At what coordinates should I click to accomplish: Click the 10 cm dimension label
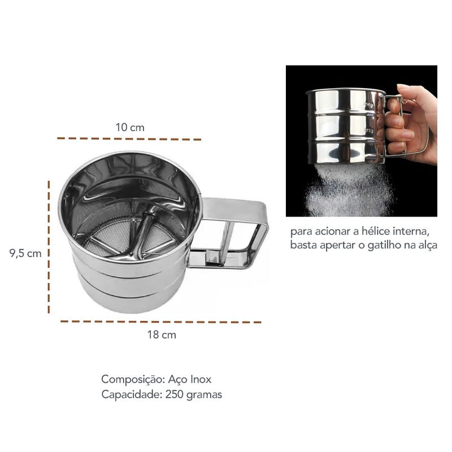click(x=130, y=128)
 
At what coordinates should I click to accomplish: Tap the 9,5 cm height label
click(x=25, y=253)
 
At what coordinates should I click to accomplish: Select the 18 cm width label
click(x=162, y=334)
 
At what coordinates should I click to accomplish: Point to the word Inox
click(x=201, y=379)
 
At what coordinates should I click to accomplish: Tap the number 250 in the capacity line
click(x=175, y=394)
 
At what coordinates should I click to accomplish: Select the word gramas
click(x=205, y=395)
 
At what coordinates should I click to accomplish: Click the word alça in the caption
click(x=427, y=245)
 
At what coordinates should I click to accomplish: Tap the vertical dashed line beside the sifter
click(x=49, y=247)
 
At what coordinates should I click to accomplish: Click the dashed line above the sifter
click(x=129, y=138)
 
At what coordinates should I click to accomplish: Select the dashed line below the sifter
click(x=161, y=321)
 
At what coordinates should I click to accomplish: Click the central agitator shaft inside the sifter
click(x=143, y=234)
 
